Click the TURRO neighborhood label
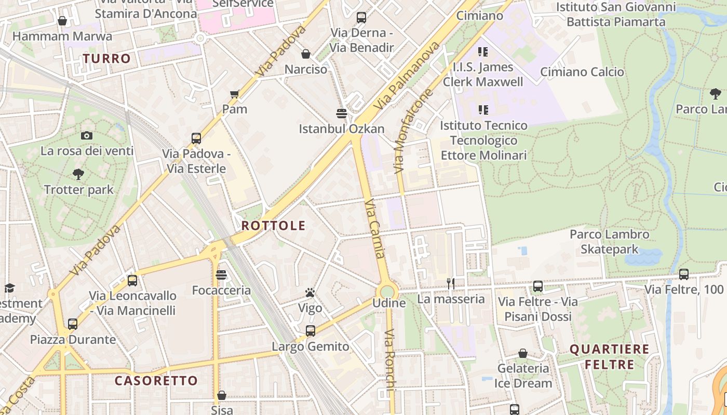(106, 59)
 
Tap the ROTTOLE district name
(273, 226)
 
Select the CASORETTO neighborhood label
(156, 381)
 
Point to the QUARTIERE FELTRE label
(609, 357)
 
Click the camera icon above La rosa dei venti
(87, 136)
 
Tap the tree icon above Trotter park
(78, 174)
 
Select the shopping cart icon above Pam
(234, 94)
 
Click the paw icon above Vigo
(310, 293)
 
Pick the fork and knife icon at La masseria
(451, 284)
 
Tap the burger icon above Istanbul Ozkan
(341, 114)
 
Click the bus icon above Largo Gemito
(310, 331)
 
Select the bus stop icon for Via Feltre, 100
(684, 274)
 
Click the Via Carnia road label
(375, 229)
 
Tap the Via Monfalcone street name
(413, 132)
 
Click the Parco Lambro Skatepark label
(609, 242)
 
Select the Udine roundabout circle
(387, 291)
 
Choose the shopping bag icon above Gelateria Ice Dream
(523, 354)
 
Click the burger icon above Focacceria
(221, 275)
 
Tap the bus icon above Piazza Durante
(73, 324)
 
